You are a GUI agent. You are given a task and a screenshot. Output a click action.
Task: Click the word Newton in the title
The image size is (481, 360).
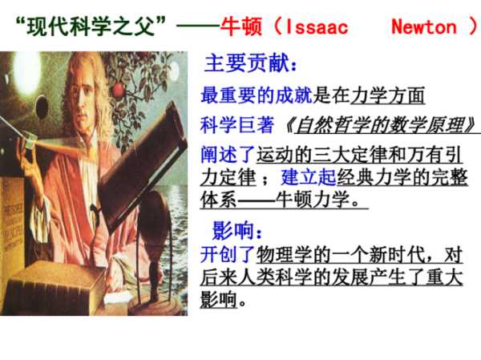pos(424,26)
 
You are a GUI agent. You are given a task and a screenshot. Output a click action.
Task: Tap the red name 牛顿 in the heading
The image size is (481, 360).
pos(241,26)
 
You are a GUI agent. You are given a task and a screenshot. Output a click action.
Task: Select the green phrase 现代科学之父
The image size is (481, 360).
pos(91,26)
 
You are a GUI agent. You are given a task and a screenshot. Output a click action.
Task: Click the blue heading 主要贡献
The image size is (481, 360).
pos(247,63)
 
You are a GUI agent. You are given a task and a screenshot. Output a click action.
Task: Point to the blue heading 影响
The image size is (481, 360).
pos(233,230)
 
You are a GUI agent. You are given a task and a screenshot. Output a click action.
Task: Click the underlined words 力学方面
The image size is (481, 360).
pos(388,95)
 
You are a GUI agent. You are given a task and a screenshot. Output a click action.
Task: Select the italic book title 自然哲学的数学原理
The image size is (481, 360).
pos(381,125)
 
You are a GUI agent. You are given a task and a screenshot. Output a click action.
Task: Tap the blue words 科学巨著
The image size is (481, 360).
pos(236,125)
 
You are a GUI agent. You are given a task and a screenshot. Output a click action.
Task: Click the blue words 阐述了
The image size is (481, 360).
pos(228,155)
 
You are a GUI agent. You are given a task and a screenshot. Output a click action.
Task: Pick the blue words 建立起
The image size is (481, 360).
pos(309,177)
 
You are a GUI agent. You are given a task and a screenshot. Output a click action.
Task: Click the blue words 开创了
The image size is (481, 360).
pos(228,255)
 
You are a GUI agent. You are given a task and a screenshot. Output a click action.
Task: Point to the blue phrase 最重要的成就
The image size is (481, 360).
pos(257,95)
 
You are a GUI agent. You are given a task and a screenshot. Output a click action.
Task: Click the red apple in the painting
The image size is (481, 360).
pos(119,91)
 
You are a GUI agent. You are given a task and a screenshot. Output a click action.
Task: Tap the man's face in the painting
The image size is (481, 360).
pos(83,97)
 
